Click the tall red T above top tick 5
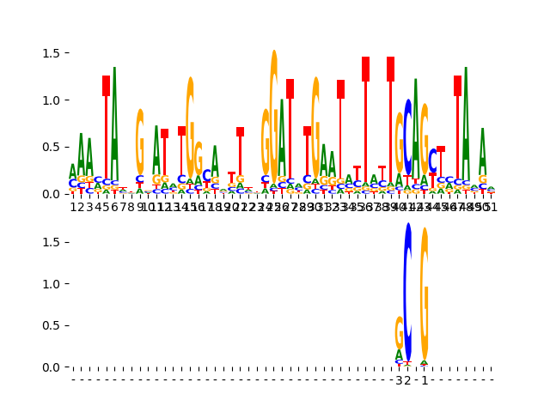click(x=107, y=137)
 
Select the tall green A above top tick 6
click(x=114, y=129)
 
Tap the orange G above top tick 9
click(x=140, y=142)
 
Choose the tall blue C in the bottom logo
click(x=408, y=292)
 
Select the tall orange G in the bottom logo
click(x=425, y=292)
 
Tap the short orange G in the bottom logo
click(x=399, y=332)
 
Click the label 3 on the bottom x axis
click(x=399, y=380)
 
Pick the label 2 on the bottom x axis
click(x=407, y=380)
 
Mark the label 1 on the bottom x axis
click(x=425, y=380)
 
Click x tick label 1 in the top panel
click(x=73, y=207)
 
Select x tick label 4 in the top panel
click(x=98, y=207)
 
